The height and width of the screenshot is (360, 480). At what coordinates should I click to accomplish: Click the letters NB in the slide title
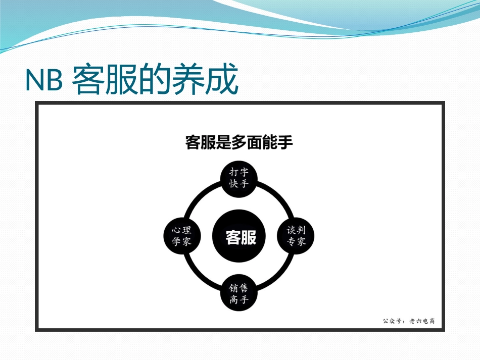click(43, 81)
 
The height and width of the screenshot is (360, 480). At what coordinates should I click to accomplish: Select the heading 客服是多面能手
click(239, 143)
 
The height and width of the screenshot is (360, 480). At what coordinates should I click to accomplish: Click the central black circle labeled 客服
click(240, 236)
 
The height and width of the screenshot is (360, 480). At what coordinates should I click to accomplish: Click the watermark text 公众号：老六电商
click(408, 321)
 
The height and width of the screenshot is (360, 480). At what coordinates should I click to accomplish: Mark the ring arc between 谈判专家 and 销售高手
click(278, 276)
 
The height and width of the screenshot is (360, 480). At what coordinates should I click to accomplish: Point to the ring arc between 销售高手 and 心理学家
click(200, 276)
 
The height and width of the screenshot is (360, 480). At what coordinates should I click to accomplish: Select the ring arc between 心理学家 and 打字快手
click(201, 196)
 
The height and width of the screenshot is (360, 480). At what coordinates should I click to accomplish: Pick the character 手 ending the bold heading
click(285, 143)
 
